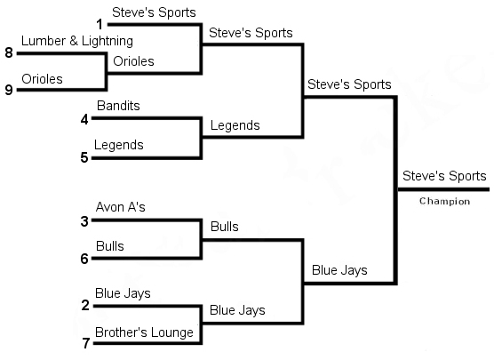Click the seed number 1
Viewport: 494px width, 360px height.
coord(100,24)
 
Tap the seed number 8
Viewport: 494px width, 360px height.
coord(9,52)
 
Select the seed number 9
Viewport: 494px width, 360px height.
coord(9,90)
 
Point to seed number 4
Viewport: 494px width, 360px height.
coord(84,119)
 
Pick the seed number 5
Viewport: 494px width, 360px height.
coord(84,157)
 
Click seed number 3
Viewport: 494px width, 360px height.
coord(84,221)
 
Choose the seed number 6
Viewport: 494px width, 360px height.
coord(84,259)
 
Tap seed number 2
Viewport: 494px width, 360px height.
coord(85,305)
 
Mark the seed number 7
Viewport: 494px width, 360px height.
coord(86,343)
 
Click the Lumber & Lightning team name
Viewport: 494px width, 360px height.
coord(77,41)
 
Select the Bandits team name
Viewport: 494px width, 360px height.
coord(118,106)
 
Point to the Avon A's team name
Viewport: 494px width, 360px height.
coord(120,207)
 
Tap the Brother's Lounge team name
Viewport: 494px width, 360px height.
coord(144,332)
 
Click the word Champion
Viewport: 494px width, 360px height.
coord(444,201)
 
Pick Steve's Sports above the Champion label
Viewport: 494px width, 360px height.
coord(444,176)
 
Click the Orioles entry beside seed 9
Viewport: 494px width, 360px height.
coord(42,79)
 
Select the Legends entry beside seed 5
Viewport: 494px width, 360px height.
coord(118,145)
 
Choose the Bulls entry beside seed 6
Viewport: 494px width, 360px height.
coord(109,246)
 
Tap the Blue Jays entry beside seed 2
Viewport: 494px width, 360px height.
coord(123,293)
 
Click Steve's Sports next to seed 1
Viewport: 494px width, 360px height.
coord(154,12)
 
